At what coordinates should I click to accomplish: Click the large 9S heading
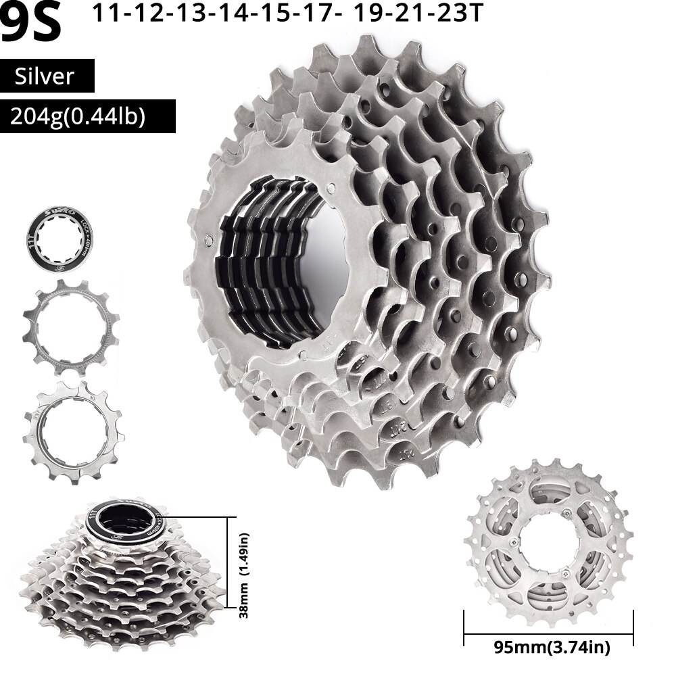31,22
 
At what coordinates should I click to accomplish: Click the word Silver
47,76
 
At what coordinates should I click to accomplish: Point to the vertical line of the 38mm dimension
226,565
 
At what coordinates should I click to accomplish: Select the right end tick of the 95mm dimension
633,628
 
